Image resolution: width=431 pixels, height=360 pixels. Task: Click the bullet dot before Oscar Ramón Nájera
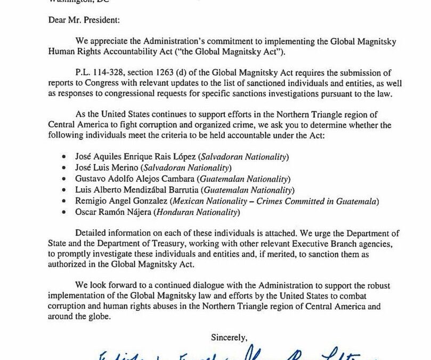[x=64, y=212]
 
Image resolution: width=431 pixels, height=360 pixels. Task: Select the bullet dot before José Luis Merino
[x=64, y=168]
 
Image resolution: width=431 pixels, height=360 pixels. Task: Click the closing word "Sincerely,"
[x=229, y=337]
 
